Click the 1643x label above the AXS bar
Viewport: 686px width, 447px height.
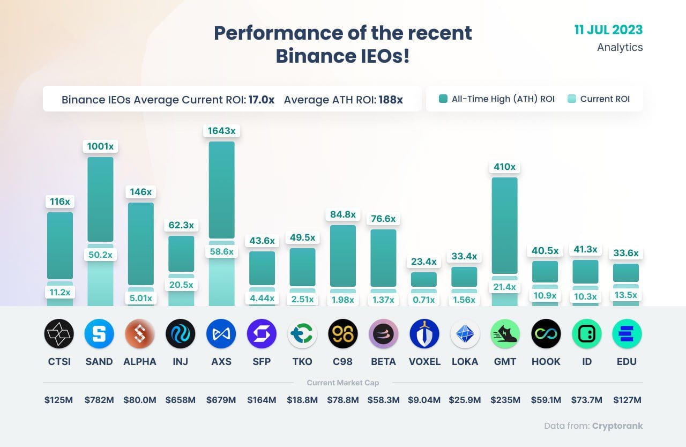221,131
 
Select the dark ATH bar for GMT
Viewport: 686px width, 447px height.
504,225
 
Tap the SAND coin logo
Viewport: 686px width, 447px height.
99,333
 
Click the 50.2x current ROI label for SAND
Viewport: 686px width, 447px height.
100,255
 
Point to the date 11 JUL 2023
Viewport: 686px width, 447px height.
608,29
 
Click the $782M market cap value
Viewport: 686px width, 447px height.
99,400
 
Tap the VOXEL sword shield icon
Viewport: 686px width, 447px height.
424,333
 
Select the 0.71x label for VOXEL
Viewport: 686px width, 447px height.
424,300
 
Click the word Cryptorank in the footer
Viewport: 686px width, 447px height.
617,426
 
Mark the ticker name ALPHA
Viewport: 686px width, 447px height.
140,361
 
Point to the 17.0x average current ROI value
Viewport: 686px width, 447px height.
262,100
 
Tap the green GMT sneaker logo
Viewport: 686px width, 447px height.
505,333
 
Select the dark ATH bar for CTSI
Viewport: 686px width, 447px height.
60,245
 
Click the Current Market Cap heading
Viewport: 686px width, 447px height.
342,383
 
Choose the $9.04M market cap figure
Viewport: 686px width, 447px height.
424,400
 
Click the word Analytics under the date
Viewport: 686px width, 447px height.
620,47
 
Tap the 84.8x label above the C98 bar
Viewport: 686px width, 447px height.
342,214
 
